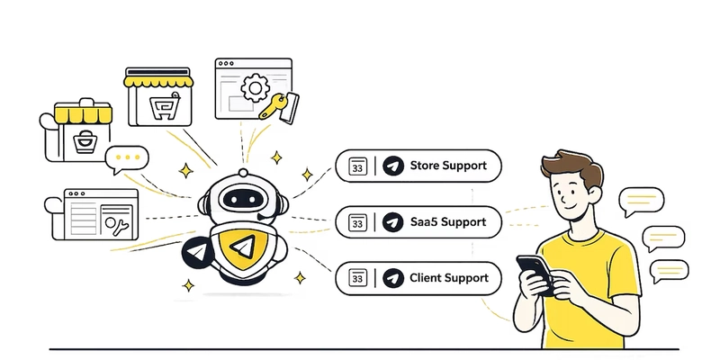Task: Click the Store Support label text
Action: [x=448, y=166]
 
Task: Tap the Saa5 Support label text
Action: [x=447, y=221]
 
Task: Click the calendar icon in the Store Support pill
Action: [x=357, y=166]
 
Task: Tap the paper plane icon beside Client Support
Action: [x=392, y=278]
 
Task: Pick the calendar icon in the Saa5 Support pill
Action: [x=357, y=222]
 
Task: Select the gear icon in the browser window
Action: [x=256, y=88]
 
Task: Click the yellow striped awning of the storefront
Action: [x=159, y=80]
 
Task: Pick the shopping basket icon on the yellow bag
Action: [x=85, y=141]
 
